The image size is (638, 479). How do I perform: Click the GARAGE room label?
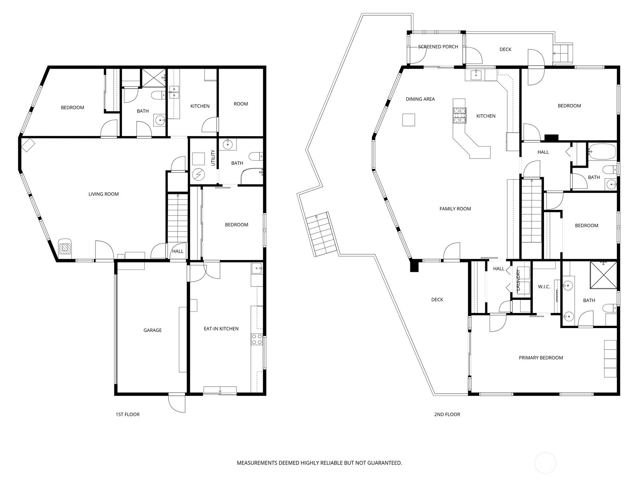[152, 330]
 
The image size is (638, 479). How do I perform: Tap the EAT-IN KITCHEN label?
[221, 329]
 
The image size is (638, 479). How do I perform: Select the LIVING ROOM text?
[103, 194]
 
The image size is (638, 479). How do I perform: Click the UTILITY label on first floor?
[213, 158]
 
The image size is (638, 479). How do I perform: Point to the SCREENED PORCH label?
[438, 47]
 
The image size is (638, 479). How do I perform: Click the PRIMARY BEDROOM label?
[540, 358]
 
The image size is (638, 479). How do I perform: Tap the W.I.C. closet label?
[544, 287]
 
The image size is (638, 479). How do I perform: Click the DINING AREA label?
[420, 99]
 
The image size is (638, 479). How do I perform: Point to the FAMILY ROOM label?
[455, 209]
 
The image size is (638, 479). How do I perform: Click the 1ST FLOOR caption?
[128, 414]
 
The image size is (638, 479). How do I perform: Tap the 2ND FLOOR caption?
[447, 414]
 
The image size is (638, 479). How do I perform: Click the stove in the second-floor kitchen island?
[459, 115]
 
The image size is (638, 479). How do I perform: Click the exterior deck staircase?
[321, 235]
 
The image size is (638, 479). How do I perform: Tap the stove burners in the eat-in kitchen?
[257, 339]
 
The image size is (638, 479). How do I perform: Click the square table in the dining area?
[408, 120]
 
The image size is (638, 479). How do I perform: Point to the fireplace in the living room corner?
[65, 248]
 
